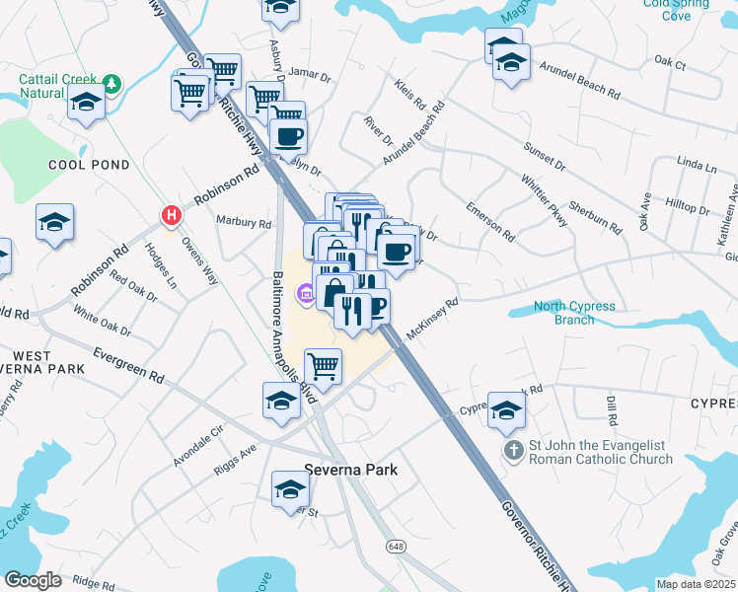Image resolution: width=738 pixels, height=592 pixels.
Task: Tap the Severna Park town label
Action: (350, 470)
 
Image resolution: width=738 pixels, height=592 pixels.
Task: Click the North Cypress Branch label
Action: (575, 313)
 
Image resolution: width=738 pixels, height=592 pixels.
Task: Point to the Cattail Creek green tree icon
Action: (111, 83)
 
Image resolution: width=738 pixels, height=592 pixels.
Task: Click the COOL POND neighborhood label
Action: (88, 165)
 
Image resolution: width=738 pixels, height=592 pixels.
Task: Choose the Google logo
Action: (33, 579)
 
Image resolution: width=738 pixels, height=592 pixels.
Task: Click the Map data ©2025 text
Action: (696, 584)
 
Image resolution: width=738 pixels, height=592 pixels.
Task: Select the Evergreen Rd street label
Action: (128, 364)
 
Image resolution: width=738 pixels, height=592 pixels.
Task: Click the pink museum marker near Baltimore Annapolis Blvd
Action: (306, 292)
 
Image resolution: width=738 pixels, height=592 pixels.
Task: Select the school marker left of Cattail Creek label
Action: (87, 103)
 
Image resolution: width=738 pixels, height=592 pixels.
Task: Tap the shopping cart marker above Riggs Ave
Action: (324, 366)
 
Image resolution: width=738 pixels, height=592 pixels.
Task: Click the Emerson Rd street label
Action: (490, 221)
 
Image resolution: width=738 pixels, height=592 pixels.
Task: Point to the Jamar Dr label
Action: (310, 75)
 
